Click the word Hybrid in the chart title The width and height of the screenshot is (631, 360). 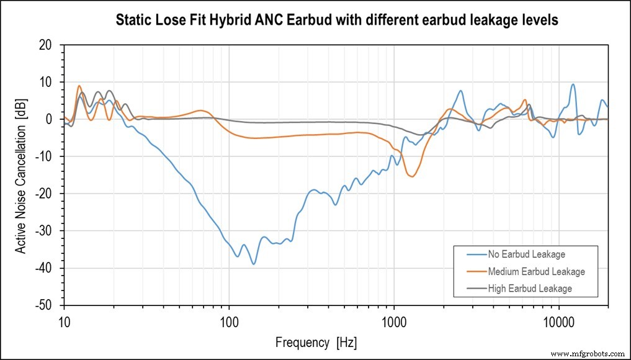[x=248, y=20]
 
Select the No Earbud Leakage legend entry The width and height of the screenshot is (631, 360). [x=526, y=254]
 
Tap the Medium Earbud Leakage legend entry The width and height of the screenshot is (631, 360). [x=536, y=271]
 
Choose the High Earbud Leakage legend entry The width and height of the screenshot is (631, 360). [x=529, y=289]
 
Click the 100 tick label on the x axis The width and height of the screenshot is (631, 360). [x=229, y=320]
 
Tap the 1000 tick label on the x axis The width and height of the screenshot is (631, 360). [x=394, y=320]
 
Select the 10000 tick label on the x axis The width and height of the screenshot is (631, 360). [x=559, y=320]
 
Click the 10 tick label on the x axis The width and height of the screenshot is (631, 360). [x=64, y=320]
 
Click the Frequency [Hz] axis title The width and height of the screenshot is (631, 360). [x=316, y=343]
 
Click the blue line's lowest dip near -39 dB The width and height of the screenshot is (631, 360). [x=253, y=264]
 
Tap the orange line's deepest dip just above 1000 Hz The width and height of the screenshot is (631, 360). [x=412, y=176]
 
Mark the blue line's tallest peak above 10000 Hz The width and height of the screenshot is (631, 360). [x=573, y=84]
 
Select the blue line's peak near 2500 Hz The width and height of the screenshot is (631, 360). [x=460, y=91]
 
